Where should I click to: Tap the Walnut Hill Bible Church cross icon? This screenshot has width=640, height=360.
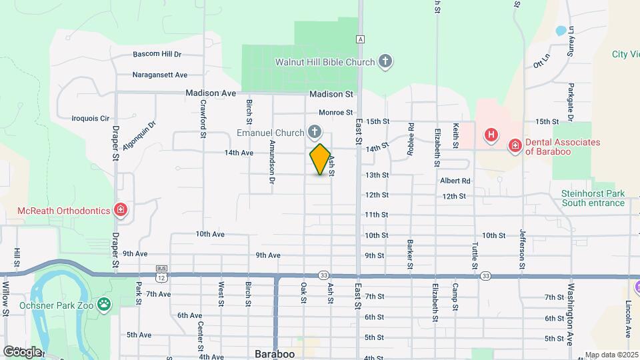(385, 62)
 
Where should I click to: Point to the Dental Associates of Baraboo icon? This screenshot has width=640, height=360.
(515, 146)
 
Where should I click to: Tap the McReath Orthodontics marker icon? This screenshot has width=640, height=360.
(121, 211)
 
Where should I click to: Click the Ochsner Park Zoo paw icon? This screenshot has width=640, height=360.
(104, 305)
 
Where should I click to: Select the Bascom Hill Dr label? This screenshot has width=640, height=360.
(157, 54)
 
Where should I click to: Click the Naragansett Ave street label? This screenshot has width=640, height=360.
(160, 75)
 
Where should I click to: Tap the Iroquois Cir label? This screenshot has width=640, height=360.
(90, 118)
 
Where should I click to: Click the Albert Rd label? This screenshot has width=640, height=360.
(455, 181)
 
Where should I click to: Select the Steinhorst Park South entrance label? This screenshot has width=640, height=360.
(593, 198)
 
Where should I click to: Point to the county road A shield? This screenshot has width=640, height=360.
(360, 39)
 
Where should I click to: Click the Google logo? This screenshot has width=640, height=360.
(21, 351)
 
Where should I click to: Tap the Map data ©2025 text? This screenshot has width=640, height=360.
(611, 355)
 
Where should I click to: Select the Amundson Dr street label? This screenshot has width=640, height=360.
(272, 161)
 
